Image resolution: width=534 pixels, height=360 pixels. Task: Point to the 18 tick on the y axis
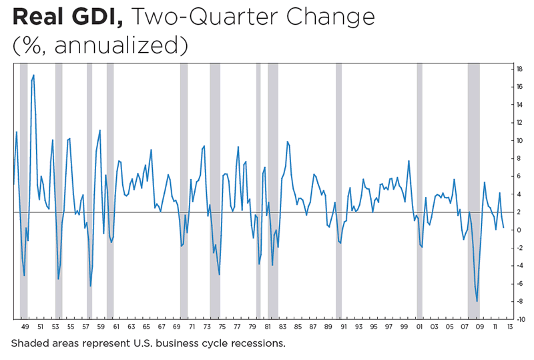tap(518, 69)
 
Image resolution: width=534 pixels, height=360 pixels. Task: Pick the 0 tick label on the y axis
tap(519, 230)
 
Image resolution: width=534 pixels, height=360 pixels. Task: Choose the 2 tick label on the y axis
tap(519, 212)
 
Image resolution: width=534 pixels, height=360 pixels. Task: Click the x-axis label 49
tap(25, 327)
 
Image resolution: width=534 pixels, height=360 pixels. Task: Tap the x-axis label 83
tap(282, 327)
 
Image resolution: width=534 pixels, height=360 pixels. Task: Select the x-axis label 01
tap(419, 327)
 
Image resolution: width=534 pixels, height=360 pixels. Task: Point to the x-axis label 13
tap(509, 327)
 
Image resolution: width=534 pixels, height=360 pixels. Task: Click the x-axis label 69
tap(176, 327)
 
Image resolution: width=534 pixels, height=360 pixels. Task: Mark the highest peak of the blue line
tap(33, 75)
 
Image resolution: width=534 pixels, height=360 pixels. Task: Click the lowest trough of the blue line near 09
tap(477, 301)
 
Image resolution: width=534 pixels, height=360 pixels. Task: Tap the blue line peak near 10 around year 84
tap(287, 142)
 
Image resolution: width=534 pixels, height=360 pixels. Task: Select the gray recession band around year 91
tap(338, 190)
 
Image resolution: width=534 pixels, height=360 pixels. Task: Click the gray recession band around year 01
tap(419, 190)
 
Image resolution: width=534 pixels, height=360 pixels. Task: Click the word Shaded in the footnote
tap(29, 345)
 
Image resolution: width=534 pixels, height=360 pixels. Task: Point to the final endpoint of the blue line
tap(503, 227)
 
